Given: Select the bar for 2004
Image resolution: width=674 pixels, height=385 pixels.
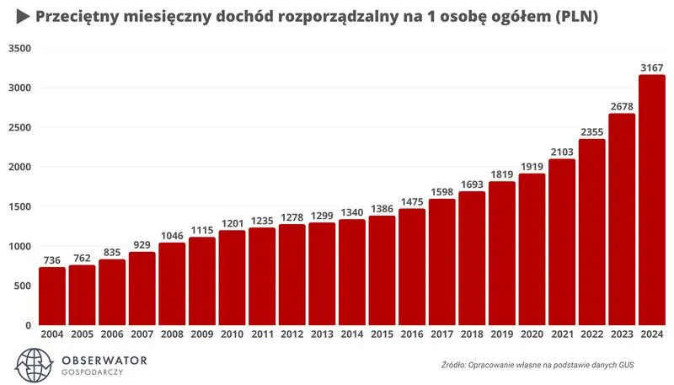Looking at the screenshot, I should click(x=51, y=296).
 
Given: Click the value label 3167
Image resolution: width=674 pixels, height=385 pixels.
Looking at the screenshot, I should click(x=651, y=67).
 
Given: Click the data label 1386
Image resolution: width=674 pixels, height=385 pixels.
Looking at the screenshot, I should click(x=382, y=207).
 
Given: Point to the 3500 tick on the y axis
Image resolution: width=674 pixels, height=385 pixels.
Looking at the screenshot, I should click(x=18, y=49).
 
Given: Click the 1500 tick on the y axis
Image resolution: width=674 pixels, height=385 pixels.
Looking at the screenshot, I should click(x=18, y=206).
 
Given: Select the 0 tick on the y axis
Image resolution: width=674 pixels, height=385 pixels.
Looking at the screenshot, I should click(x=28, y=325).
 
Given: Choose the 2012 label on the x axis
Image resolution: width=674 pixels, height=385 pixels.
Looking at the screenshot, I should click(x=292, y=334).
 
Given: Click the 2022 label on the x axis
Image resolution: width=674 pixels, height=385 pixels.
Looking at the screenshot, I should click(x=591, y=334).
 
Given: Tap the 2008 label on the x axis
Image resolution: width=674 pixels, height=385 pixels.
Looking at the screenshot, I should click(x=172, y=334).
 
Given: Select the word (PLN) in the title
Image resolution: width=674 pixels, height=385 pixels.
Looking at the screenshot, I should click(x=572, y=17).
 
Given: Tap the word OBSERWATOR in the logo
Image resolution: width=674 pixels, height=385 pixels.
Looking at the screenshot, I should click(x=104, y=360).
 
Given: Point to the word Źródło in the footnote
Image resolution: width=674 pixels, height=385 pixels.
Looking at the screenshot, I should click(x=457, y=364).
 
